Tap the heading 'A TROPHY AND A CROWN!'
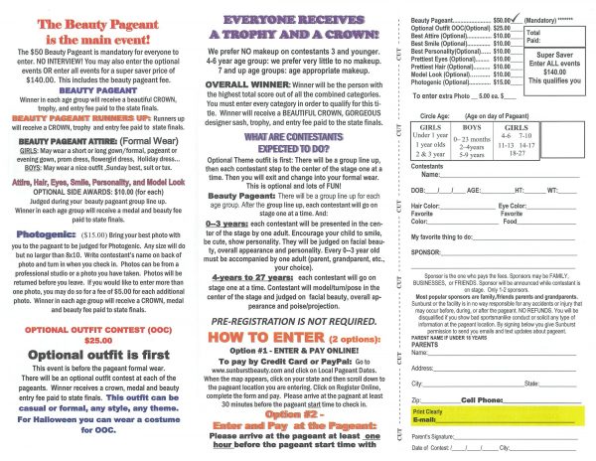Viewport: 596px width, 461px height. coord(297,36)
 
